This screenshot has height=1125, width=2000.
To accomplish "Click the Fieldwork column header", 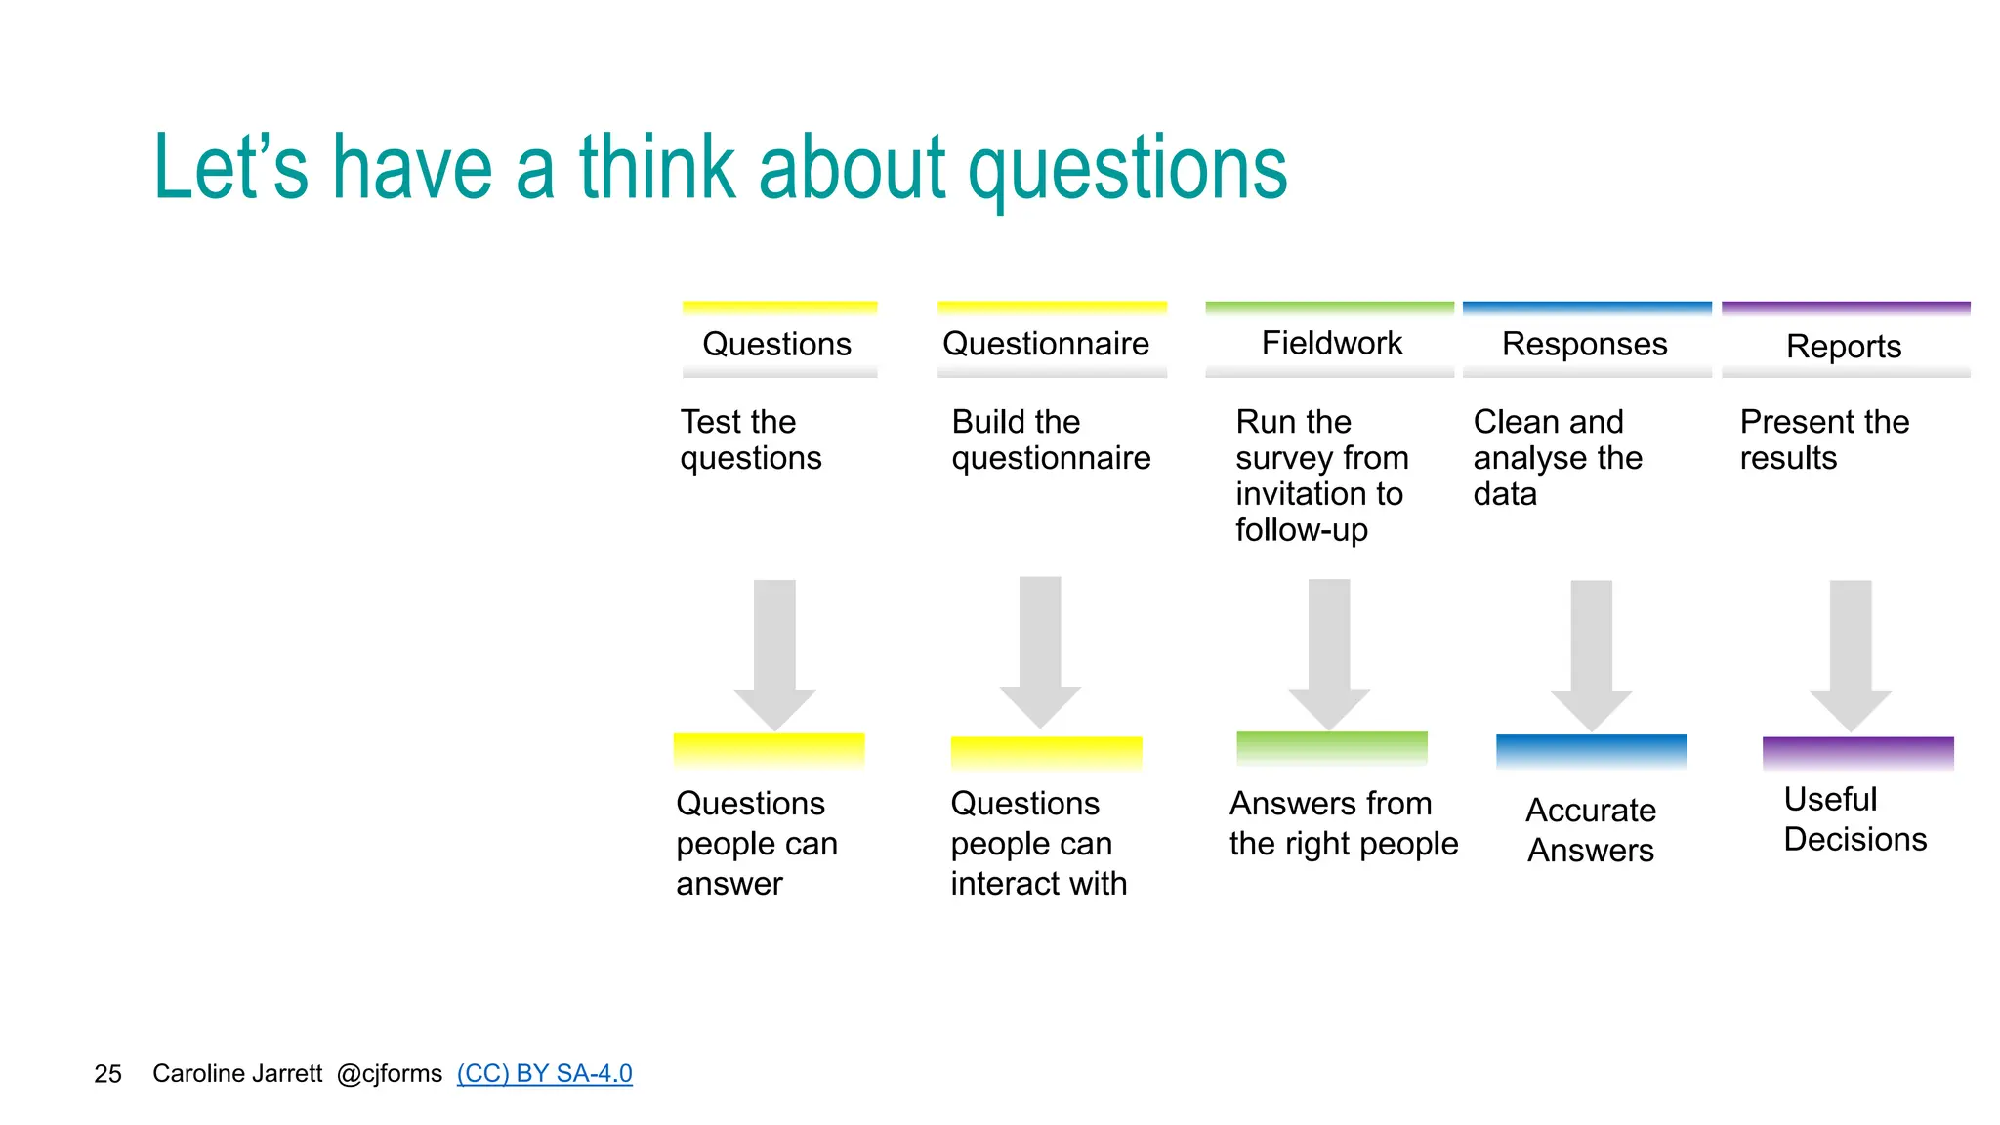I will (1330, 343).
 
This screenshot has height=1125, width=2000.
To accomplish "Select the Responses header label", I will (1584, 344).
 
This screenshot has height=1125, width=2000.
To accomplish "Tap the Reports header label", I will (1843, 346).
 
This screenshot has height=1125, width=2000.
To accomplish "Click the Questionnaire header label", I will (1045, 344).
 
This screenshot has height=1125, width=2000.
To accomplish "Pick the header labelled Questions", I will (776, 344).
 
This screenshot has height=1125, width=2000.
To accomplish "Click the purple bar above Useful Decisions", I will (1857, 752).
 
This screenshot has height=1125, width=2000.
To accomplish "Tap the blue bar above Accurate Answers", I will (1591, 750).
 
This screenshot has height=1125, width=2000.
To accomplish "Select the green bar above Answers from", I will (1331, 747).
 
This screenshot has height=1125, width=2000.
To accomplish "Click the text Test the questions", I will (750, 439).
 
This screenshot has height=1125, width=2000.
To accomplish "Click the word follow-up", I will (1301, 530).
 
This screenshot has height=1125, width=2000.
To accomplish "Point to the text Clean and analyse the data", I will (1557, 457).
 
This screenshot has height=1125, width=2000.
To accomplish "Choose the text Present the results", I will (1823, 439).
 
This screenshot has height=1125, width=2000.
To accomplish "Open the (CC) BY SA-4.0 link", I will (544, 1073).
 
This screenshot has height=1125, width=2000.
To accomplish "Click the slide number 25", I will (107, 1074).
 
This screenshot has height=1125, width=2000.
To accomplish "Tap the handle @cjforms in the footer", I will (389, 1073).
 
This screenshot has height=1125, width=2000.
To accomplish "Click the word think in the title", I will (656, 168).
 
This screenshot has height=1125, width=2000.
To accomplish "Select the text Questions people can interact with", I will (1038, 843).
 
